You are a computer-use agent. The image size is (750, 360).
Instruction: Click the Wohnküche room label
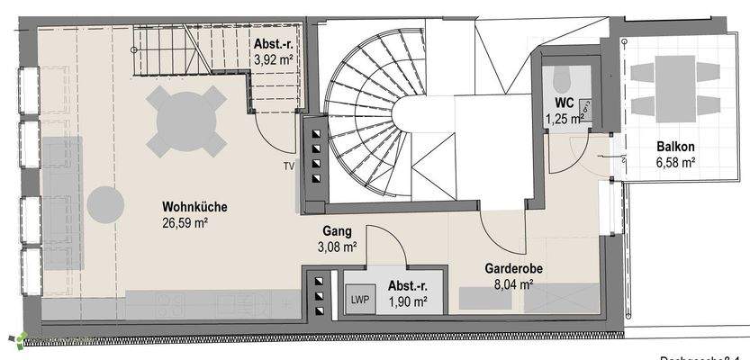194,208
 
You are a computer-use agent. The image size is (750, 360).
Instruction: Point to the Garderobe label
515,268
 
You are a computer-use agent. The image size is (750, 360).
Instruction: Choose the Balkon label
674,148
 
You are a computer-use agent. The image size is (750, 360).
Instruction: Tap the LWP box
360,299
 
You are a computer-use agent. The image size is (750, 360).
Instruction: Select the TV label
288,166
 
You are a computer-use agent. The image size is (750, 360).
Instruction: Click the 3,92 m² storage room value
275,60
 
